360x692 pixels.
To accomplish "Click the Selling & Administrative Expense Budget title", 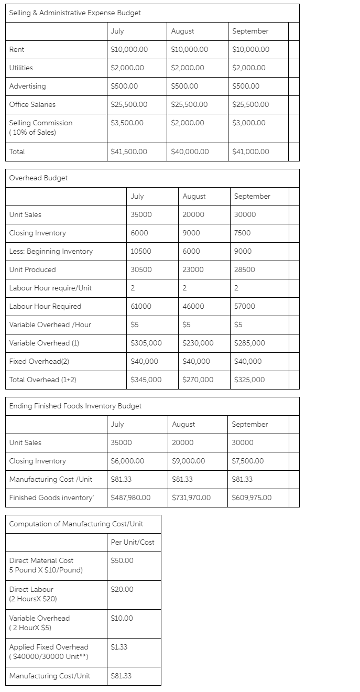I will (x=75, y=13).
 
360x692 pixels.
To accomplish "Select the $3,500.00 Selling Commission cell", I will (x=127, y=123).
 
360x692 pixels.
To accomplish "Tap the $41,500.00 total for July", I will (x=129, y=152).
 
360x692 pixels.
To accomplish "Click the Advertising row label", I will (x=28, y=86).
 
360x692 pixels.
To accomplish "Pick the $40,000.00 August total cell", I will (x=190, y=152).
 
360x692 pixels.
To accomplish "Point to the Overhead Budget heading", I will (x=38, y=178).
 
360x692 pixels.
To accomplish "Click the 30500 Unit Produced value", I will (x=141, y=269).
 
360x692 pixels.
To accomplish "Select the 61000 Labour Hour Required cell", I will (x=141, y=306).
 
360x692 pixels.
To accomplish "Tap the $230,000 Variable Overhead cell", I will (x=198, y=343).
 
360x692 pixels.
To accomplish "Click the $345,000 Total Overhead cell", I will (x=146, y=380).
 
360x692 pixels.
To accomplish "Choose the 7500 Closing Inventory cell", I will (x=243, y=233).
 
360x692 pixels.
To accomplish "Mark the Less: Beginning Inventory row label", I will (x=51, y=251).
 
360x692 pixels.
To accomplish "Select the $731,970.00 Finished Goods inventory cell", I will (x=191, y=498).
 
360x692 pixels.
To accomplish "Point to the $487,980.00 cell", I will (x=131, y=498).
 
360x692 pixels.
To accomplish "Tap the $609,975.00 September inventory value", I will (x=252, y=498).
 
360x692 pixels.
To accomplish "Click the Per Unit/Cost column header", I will (x=133, y=542).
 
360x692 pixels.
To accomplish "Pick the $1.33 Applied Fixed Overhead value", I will (x=119, y=647).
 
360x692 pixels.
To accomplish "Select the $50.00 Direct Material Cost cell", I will (x=122, y=560).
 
